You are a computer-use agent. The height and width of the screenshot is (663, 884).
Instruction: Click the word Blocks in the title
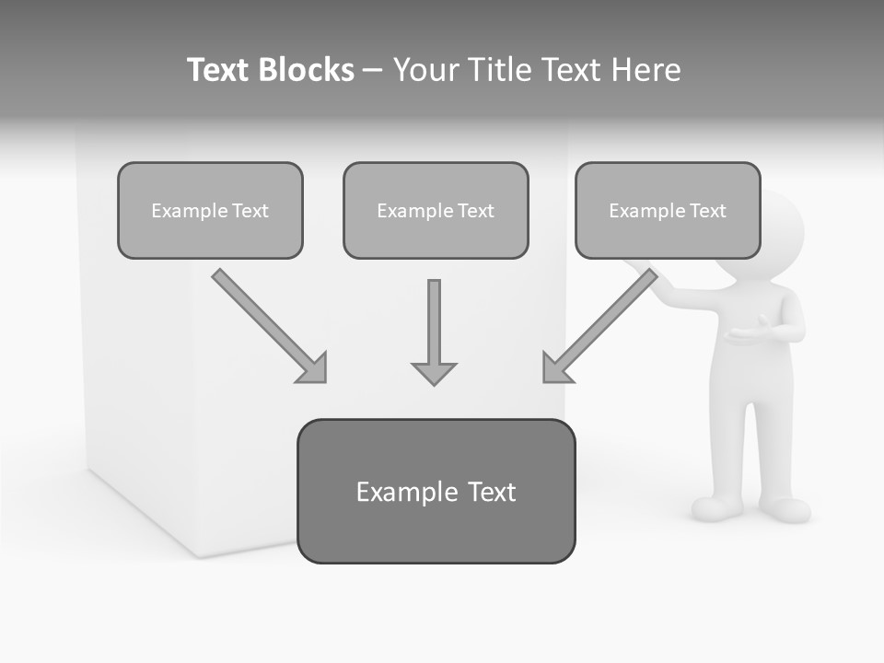click(306, 70)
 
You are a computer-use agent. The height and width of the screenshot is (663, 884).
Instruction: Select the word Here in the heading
click(646, 70)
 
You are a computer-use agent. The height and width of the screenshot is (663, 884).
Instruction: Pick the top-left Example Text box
click(210, 210)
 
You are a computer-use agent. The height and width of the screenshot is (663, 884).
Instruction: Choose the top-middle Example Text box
click(436, 210)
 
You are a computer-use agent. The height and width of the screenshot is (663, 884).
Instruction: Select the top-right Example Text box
click(668, 210)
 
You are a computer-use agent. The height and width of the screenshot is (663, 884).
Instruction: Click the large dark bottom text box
click(436, 491)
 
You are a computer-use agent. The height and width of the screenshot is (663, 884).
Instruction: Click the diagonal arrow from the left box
click(267, 324)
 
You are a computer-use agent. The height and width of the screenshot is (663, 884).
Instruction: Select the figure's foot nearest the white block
click(716, 507)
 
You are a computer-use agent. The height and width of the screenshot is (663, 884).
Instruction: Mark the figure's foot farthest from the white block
click(785, 508)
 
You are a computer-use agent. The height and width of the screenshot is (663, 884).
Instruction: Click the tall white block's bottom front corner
click(195, 554)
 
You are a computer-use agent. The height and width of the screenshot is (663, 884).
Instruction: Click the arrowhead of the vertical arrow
click(434, 372)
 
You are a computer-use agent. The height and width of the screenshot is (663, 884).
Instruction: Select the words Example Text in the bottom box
click(436, 492)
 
